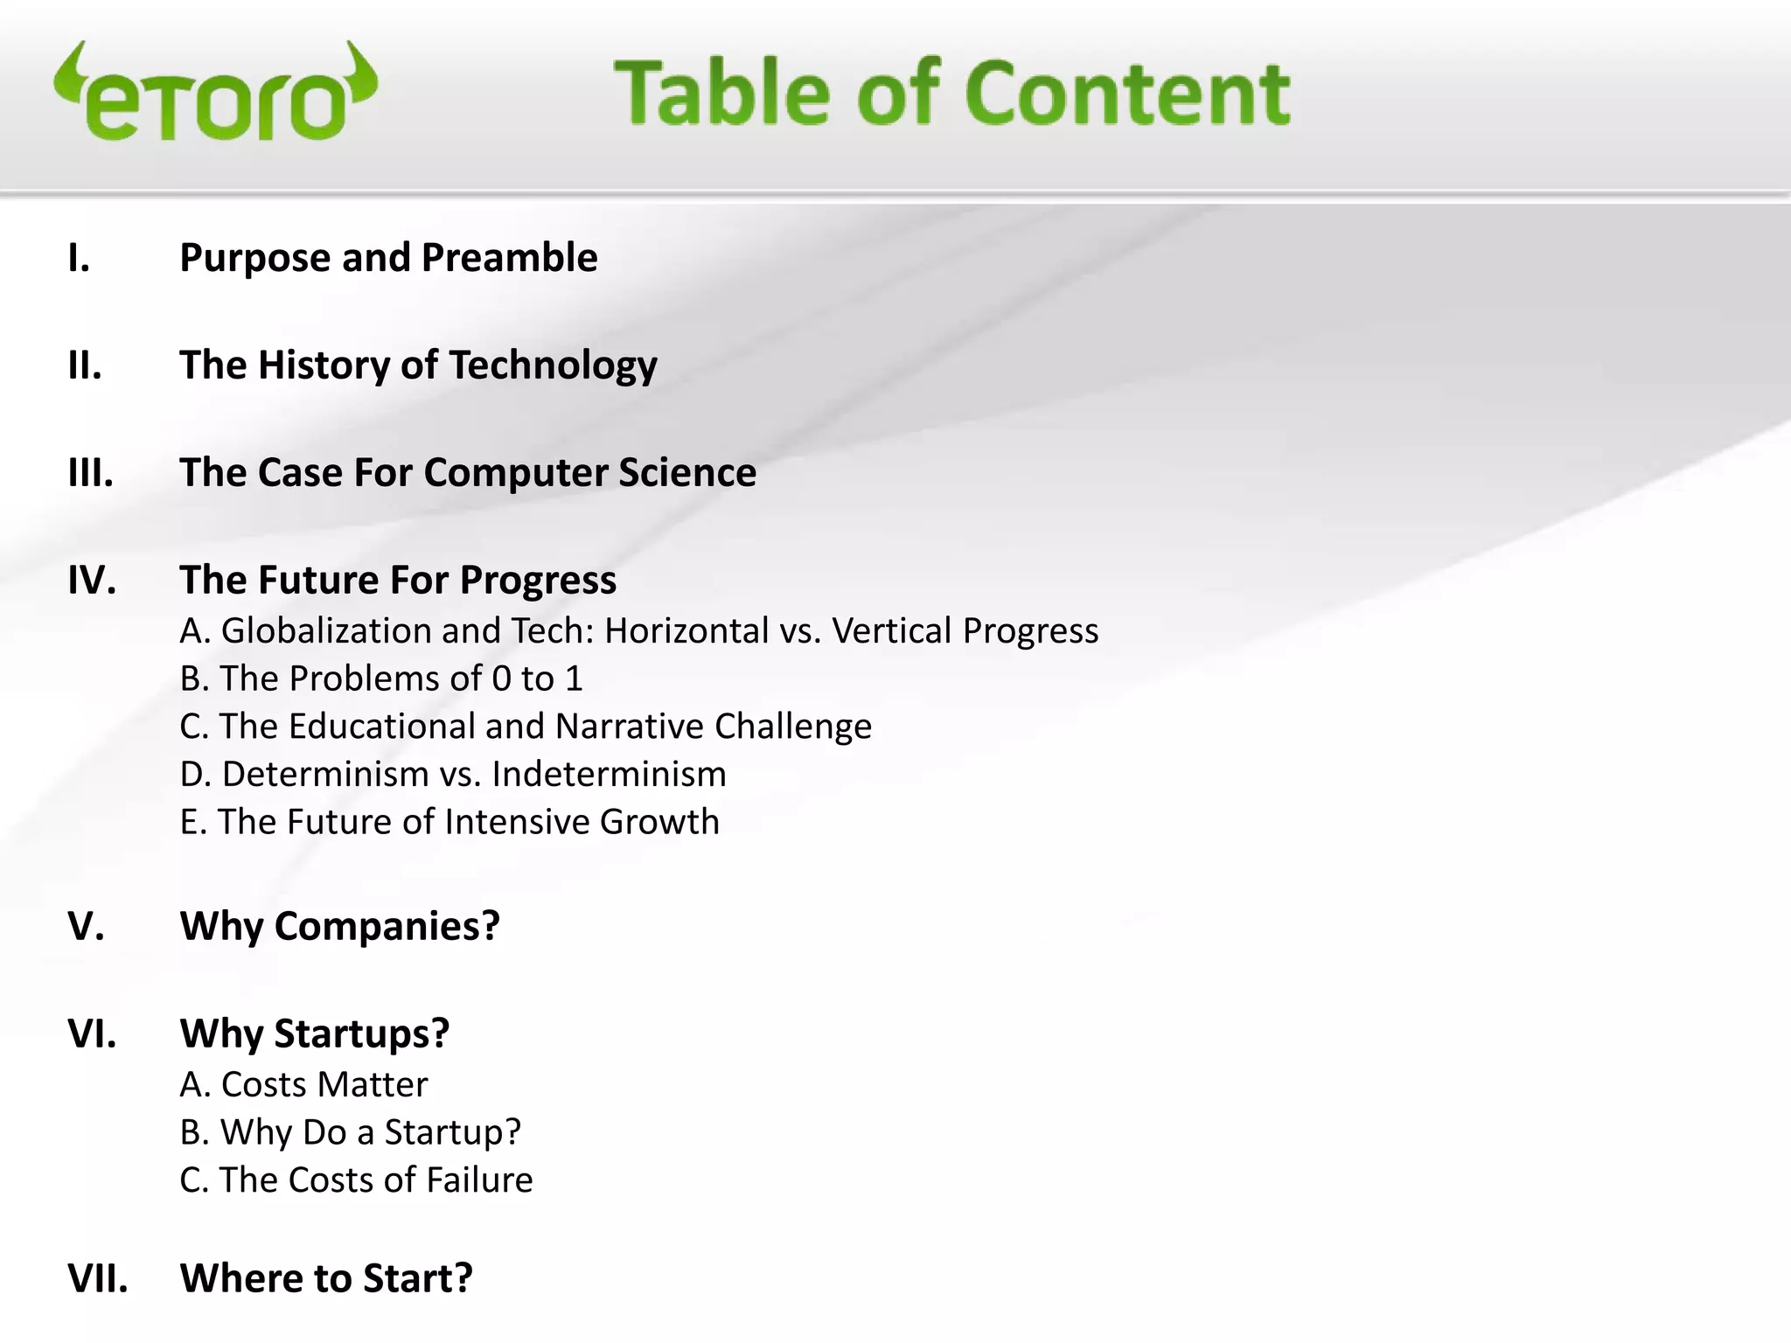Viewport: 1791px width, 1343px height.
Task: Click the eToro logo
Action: coord(215,93)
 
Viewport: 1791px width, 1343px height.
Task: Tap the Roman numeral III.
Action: coord(91,473)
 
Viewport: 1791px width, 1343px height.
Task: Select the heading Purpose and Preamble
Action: coord(388,258)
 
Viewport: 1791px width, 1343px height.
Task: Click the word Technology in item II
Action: coord(553,365)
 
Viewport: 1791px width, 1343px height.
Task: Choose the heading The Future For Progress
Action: coord(398,581)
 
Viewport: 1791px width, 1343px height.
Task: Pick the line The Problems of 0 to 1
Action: coord(381,679)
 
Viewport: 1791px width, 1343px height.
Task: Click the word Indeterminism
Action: coord(609,775)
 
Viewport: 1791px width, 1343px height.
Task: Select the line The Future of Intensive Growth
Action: coord(449,823)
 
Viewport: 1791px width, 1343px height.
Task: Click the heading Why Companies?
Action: coord(339,926)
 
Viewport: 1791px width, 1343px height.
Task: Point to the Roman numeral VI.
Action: coord(92,1033)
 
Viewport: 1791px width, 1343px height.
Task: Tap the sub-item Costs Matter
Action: coord(303,1085)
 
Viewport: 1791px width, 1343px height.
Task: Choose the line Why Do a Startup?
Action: coord(350,1133)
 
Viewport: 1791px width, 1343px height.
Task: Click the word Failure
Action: coord(480,1180)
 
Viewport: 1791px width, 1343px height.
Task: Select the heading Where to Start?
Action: coord(325,1278)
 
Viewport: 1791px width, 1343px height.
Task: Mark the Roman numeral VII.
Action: coord(98,1278)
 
